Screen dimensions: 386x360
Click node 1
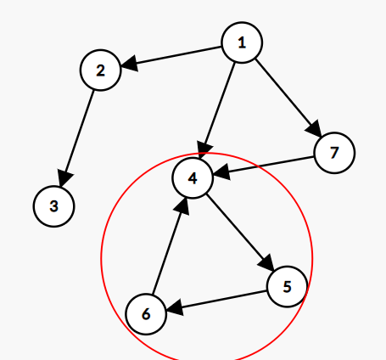tap(242, 42)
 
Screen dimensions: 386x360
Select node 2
tap(101, 70)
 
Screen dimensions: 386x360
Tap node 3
tap(53, 206)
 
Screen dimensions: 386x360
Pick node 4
tap(193, 178)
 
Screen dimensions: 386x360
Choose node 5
tap(287, 286)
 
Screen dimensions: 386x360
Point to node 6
tap(146, 314)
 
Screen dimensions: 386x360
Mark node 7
tap(334, 153)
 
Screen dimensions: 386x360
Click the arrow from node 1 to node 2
tap(171, 57)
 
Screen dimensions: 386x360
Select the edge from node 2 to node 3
tap(76, 138)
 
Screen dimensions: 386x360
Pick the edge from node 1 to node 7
tap(288, 98)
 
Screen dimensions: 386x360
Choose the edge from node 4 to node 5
tap(240, 233)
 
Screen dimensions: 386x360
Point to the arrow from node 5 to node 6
tap(216, 301)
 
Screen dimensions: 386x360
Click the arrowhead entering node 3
tap(64, 178)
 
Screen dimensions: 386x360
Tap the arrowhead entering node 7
tap(315, 130)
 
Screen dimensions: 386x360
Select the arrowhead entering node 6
tap(175, 308)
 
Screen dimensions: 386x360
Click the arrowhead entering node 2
tap(129, 64)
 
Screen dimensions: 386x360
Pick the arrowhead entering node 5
tap(266, 263)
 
